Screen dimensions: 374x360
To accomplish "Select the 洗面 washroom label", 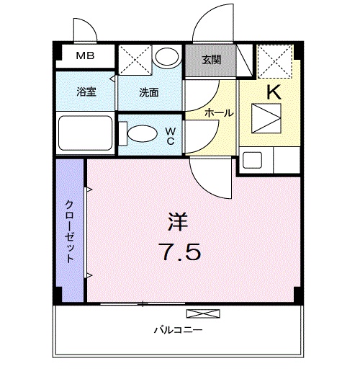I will [x=150, y=92].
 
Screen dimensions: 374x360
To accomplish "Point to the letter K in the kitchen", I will [x=273, y=92].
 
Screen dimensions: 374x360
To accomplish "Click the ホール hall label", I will [x=218, y=113].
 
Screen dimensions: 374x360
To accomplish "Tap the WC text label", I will [x=171, y=135].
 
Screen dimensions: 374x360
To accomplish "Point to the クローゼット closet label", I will [x=71, y=231].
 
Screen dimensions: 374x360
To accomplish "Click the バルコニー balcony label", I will [x=177, y=331].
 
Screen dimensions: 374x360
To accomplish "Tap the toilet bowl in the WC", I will [x=142, y=134].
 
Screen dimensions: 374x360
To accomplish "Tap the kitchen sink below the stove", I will [x=253, y=159].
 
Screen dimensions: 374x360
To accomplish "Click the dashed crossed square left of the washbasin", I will [x=133, y=59].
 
